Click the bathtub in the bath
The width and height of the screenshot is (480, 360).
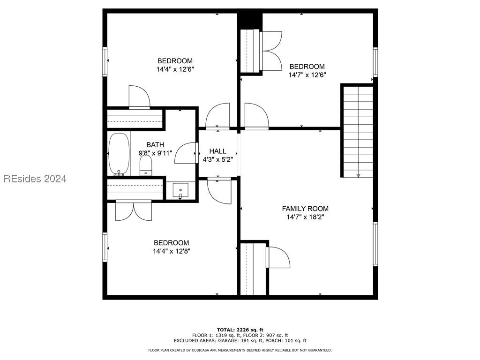pyautogui.click(x=119, y=154)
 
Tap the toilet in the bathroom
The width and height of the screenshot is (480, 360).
pyautogui.click(x=146, y=165)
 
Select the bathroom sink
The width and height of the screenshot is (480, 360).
pyautogui.click(x=180, y=191)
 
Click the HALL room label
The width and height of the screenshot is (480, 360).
pyautogui.click(x=217, y=151)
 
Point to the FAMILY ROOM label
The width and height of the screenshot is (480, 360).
pyautogui.click(x=305, y=209)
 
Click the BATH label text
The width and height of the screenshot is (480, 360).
pyautogui.click(x=155, y=145)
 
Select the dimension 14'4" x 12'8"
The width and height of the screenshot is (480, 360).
pyautogui.click(x=172, y=251)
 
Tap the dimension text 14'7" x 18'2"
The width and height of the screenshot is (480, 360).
pyautogui.click(x=305, y=217)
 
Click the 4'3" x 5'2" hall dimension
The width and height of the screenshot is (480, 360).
pyautogui.click(x=218, y=159)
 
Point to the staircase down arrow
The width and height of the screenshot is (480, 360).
pyautogui.click(x=358, y=175)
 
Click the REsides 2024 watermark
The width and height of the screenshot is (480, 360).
pyautogui.click(x=35, y=179)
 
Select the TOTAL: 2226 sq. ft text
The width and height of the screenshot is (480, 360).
pyautogui.click(x=240, y=330)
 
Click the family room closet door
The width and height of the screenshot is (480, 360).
pyautogui.click(x=277, y=257)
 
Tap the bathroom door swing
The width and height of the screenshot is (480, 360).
pyautogui.click(x=185, y=153)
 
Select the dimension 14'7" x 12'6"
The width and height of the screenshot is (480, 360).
pyautogui.click(x=307, y=75)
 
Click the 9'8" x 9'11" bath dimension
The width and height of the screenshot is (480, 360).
pyautogui.click(x=156, y=153)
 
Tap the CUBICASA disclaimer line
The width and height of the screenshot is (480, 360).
pyautogui.click(x=240, y=350)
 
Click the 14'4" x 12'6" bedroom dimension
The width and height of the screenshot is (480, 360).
pyautogui.click(x=175, y=69)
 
